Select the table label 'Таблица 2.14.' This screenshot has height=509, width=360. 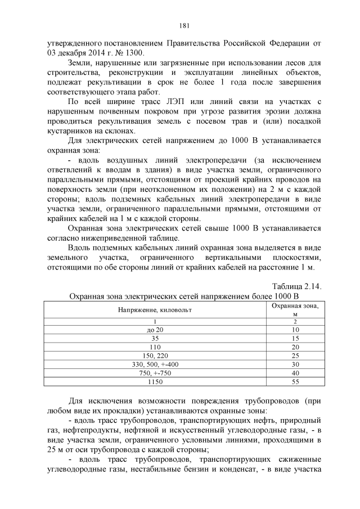296,286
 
